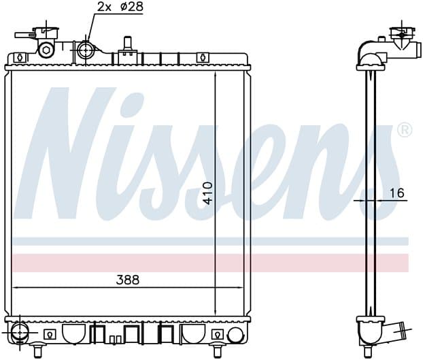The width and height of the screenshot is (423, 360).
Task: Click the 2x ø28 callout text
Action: tap(120, 7)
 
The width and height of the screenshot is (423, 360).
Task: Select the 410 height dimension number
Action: tap(208, 193)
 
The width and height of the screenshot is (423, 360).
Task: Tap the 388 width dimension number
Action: tap(128, 280)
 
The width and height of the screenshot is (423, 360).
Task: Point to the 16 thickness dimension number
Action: tap(397, 193)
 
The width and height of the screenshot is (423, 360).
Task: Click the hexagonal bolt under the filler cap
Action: tap(45, 50)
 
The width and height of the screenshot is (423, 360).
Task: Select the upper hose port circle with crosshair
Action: tap(86, 50)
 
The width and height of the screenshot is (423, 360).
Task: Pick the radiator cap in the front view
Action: tap(46, 33)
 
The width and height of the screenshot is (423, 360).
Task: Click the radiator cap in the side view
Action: tap(402, 35)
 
